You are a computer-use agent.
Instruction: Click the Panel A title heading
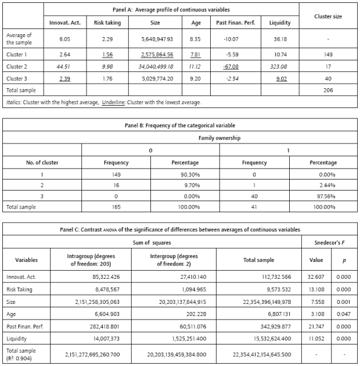(x=171, y=10)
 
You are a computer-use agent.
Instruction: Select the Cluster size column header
(x=327, y=16)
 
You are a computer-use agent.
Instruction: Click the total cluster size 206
(x=327, y=91)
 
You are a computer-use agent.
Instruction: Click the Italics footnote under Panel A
(x=103, y=102)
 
